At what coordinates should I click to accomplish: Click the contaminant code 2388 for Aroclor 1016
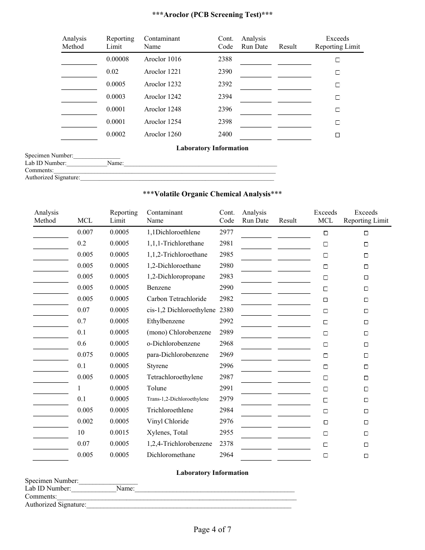click(x=225, y=59)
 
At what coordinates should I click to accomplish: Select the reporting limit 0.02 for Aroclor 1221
click(x=112, y=72)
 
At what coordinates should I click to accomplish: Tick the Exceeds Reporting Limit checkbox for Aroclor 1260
click(x=338, y=135)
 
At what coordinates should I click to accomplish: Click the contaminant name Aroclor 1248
click(x=162, y=109)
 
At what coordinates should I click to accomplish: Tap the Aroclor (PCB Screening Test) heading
click(x=212, y=15)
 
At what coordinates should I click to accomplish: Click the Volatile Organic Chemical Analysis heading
click(x=212, y=194)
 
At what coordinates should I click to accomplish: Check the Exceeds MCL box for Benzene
click(x=326, y=289)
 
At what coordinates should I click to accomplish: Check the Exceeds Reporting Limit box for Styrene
click(x=366, y=367)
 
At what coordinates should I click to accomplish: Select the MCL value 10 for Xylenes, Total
click(x=81, y=432)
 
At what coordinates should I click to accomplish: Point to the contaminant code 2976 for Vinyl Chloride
click(x=226, y=421)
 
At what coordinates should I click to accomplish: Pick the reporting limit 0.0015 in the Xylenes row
click(x=119, y=432)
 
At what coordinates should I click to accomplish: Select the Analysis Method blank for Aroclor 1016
click(x=79, y=63)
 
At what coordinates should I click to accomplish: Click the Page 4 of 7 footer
click(x=212, y=530)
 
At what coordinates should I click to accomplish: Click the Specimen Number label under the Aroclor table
click(x=49, y=156)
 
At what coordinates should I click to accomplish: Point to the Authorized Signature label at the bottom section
click(x=55, y=505)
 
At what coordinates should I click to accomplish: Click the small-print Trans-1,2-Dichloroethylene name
click(x=178, y=399)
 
